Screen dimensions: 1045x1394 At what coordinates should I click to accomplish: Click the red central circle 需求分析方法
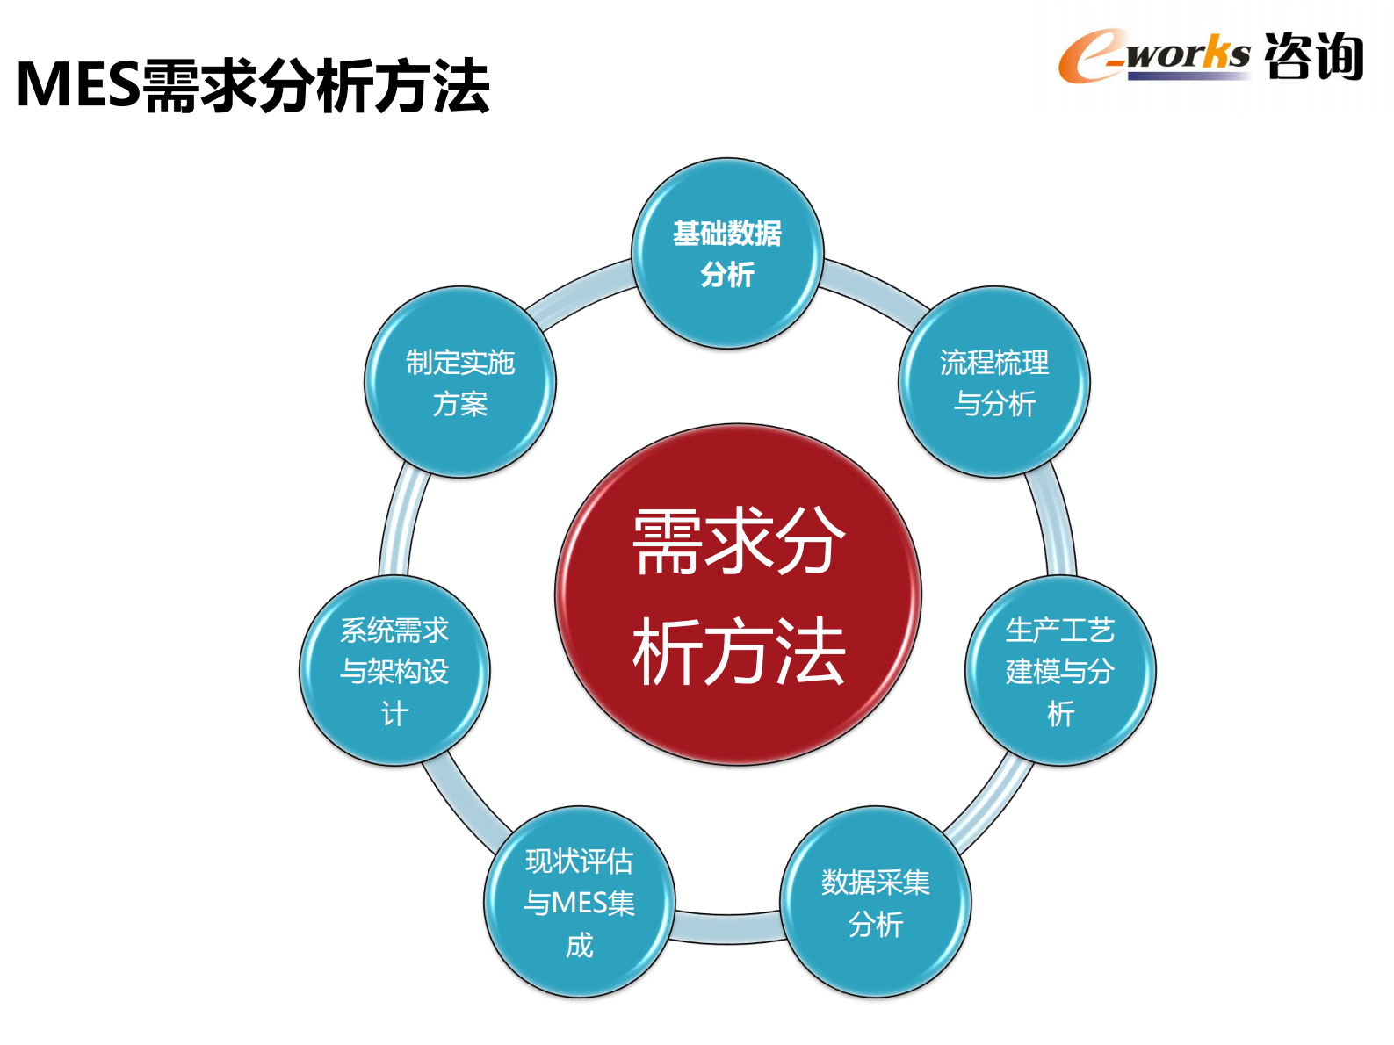[x=738, y=595]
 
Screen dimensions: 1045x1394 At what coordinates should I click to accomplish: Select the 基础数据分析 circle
[x=727, y=253]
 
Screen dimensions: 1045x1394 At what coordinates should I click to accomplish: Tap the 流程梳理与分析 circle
[x=993, y=382]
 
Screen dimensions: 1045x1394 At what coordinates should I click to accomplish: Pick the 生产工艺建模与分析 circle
[x=1060, y=671]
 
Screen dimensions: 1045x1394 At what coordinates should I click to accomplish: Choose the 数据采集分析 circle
[x=876, y=902]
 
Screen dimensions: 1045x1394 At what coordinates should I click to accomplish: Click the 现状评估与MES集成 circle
[x=580, y=902]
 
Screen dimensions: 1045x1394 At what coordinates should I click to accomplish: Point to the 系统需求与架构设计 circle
[x=394, y=671]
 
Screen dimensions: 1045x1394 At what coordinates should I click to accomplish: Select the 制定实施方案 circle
[x=460, y=382]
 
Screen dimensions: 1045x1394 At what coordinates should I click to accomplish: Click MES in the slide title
[x=78, y=86]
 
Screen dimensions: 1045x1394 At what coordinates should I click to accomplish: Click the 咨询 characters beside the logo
[x=1313, y=56]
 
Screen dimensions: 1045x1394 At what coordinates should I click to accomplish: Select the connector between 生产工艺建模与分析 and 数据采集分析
[x=988, y=804]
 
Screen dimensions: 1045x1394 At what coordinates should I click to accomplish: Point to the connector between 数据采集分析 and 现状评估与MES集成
[x=727, y=928]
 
